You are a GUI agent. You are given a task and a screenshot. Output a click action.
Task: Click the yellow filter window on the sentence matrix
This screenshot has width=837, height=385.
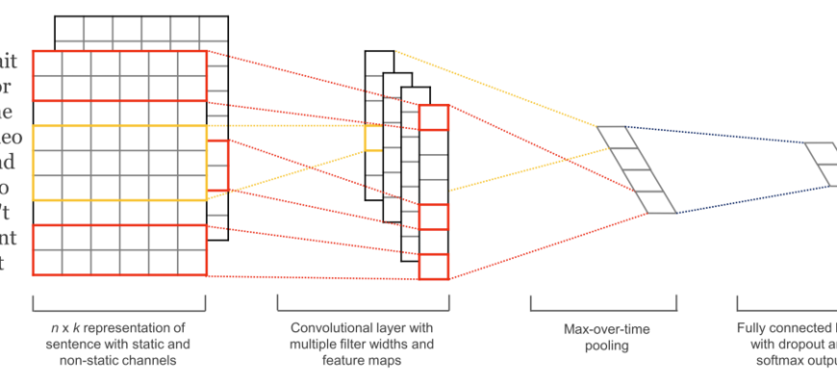(x=119, y=163)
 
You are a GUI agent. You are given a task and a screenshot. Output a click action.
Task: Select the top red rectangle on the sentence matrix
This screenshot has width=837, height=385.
(x=119, y=75)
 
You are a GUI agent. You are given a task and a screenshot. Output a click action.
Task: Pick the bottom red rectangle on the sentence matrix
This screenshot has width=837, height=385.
(x=119, y=250)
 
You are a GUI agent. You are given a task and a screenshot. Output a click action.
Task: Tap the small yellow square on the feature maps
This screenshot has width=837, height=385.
(x=373, y=140)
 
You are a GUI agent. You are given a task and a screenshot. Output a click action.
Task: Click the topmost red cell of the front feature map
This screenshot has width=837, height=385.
(x=434, y=117)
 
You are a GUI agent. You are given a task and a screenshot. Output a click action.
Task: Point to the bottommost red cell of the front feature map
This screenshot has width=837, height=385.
(x=434, y=267)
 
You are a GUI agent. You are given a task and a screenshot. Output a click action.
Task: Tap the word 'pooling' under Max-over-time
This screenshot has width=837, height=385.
(x=607, y=345)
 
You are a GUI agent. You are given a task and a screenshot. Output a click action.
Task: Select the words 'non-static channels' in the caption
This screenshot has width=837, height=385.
(x=119, y=359)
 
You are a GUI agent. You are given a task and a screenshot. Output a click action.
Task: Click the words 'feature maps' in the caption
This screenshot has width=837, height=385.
(x=362, y=359)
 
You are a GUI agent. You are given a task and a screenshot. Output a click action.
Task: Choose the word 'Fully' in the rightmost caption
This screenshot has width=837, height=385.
(x=754, y=329)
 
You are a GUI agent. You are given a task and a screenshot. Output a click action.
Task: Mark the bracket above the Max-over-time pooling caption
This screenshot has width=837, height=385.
(x=607, y=305)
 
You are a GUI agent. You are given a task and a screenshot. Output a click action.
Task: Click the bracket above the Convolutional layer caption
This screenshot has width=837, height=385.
(x=362, y=305)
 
